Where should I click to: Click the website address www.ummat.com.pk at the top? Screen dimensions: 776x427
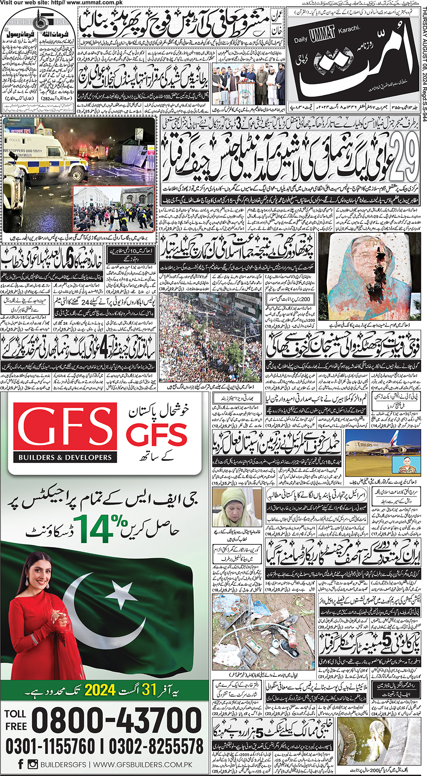click(95, 3)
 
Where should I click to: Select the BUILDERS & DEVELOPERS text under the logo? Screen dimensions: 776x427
click(65, 457)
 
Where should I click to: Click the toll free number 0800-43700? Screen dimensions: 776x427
click(117, 720)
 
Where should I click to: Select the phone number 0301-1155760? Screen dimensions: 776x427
click(50, 746)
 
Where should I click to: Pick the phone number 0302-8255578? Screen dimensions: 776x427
click(156, 746)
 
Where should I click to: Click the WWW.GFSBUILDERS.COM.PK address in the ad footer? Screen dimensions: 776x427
click(143, 764)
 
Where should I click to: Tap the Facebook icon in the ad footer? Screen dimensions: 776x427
click(20, 764)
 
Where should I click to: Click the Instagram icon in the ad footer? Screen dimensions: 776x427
click(32, 764)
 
